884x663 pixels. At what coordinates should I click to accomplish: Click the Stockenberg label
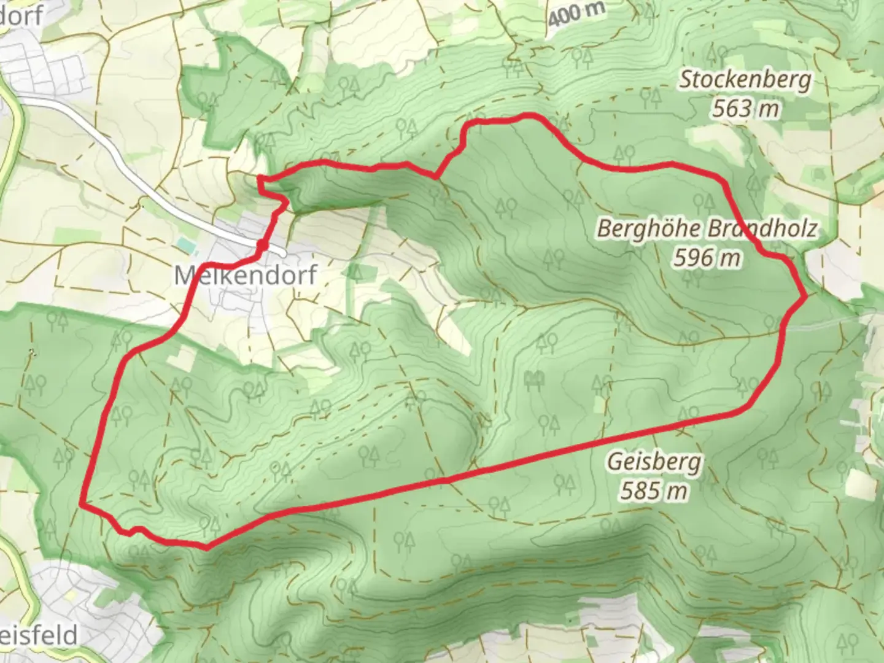click(x=745, y=80)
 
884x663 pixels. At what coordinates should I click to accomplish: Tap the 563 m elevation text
click(x=745, y=109)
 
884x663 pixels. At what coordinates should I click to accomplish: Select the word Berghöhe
click(x=649, y=229)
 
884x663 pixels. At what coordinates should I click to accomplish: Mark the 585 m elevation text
click(x=653, y=490)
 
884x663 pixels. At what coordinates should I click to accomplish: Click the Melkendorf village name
click(x=246, y=274)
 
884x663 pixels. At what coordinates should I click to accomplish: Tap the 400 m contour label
click(x=576, y=14)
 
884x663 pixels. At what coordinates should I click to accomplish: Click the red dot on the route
click(x=262, y=246)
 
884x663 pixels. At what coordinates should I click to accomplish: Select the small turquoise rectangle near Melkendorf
click(x=185, y=244)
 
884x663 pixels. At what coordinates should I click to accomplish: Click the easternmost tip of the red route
click(x=805, y=297)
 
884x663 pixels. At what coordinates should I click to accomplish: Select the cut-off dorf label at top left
click(x=21, y=15)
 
